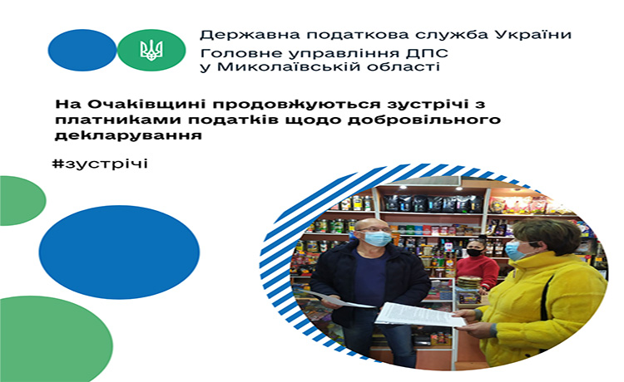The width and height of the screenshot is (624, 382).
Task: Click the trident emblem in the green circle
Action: tap(151, 50)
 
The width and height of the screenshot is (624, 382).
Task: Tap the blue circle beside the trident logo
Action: tap(82, 50)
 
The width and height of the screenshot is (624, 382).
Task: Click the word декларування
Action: tap(128, 135)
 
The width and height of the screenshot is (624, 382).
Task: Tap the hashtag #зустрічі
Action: tap(100, 164)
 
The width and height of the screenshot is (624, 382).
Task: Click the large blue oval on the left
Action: tap(119, 252)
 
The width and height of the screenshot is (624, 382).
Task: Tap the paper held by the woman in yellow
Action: tap(420, 315)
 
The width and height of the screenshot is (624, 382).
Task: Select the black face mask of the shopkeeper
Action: tap(474, 252)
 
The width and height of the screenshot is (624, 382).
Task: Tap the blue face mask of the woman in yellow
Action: tap(514, 251)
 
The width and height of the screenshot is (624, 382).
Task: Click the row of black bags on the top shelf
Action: tap(433, 203)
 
